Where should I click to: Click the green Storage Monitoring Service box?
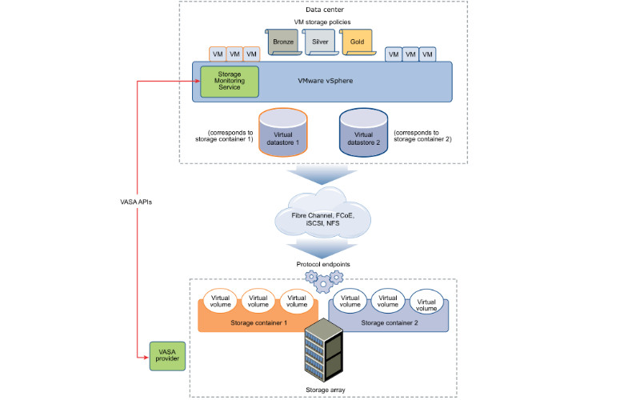pos(229,82)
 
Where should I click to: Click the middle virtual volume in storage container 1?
pos(258,300)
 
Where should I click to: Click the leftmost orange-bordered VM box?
pos(218,54)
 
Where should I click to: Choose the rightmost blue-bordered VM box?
pos(428,54)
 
